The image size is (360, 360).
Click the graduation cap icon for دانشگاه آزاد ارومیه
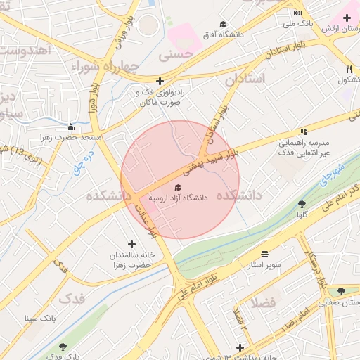pos(179,187)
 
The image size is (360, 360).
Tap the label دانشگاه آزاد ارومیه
pos(179,198)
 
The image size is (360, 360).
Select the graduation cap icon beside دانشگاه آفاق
pos(224,24)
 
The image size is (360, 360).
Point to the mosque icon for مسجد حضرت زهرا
pos(70,127)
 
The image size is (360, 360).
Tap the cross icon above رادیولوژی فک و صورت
pos(160,82)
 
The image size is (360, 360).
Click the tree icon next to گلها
pos(302,204)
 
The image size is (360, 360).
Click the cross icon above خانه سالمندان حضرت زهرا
pos(131,244)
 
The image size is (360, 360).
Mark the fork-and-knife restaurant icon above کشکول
pos(349,69)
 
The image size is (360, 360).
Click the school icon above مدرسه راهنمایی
pos(304,131)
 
